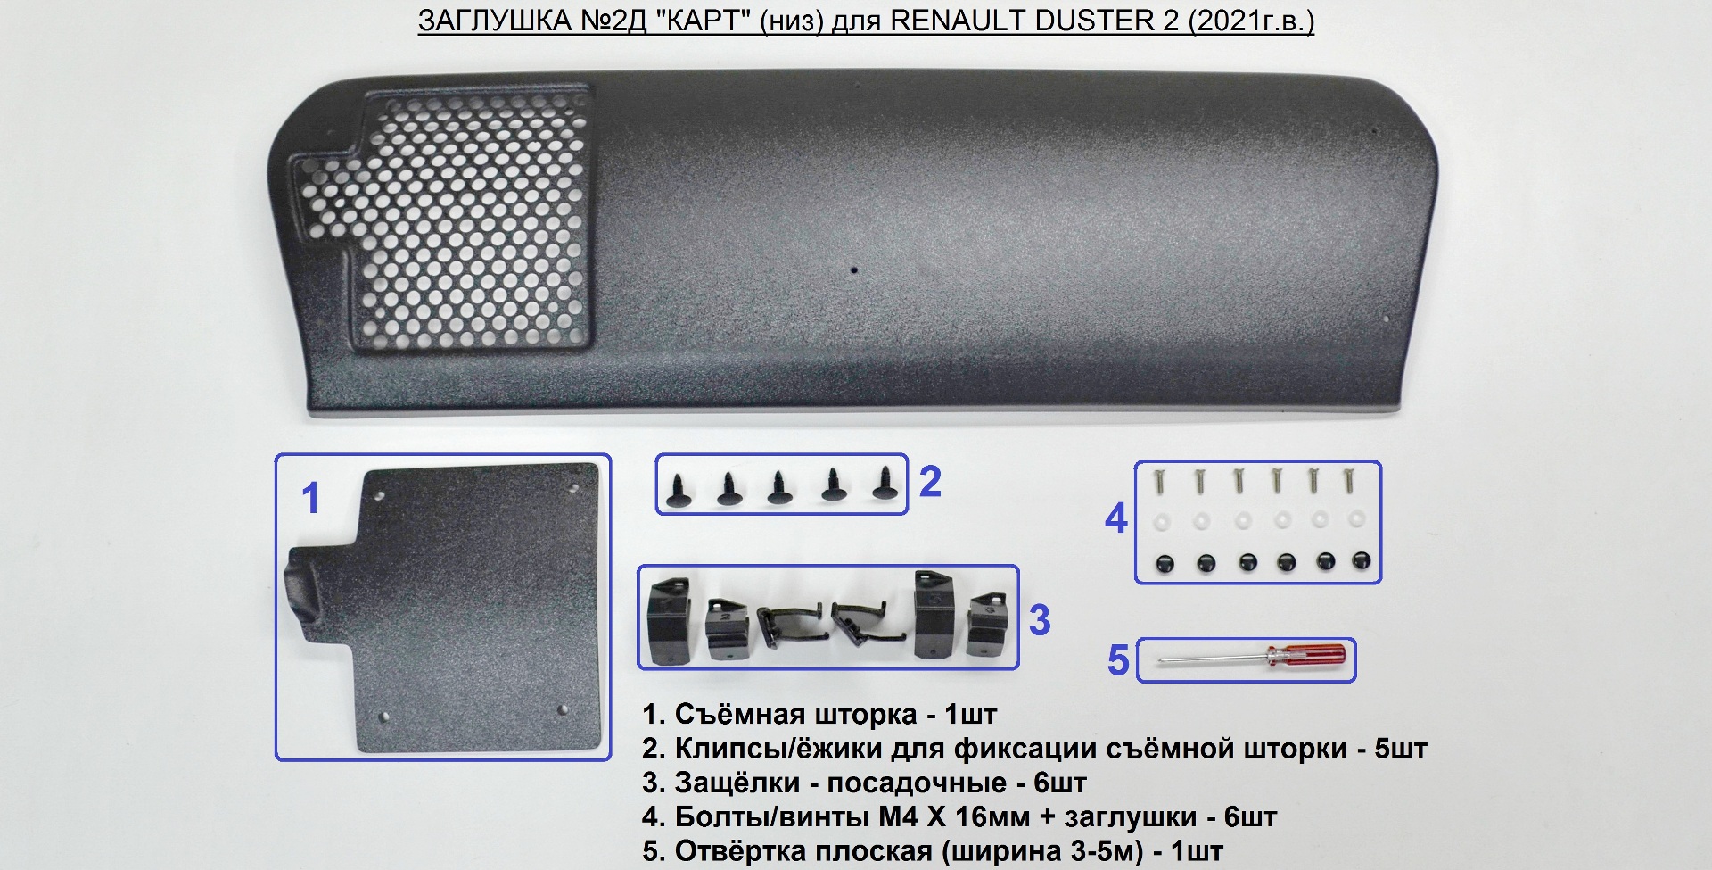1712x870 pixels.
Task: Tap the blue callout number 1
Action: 310,498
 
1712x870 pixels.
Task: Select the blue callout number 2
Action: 930,482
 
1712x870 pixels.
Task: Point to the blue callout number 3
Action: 1040,620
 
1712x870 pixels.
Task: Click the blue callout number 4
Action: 1116,518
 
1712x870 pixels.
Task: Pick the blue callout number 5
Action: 1118,661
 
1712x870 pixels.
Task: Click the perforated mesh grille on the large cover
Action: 473,219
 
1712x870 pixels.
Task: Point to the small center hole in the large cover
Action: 853,269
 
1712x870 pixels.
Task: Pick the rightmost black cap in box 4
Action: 1360,561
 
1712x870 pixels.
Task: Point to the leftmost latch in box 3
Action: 668,621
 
